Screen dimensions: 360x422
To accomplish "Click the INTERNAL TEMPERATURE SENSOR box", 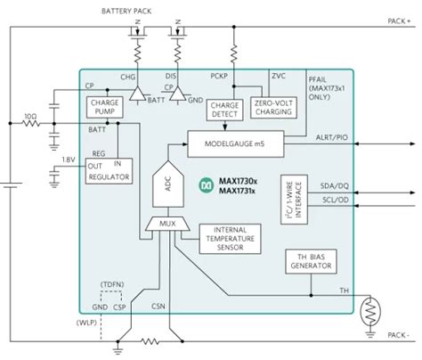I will point(229,239).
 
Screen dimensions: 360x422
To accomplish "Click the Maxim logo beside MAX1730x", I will point(206,185).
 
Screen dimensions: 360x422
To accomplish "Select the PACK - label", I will point(398,338).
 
